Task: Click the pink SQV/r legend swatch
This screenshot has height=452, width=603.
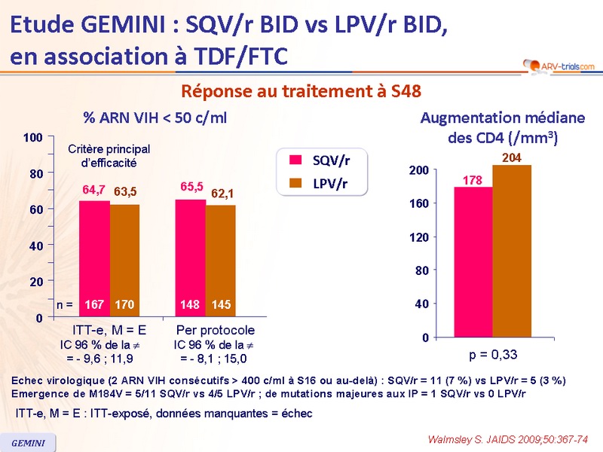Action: click(296, 159)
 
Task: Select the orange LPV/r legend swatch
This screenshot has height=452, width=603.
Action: click(296, 183)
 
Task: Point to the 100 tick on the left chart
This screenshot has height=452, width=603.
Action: click(32, 138)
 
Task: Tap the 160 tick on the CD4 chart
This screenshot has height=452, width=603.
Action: click(419, 203)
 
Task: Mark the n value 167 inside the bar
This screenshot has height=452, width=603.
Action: click(94, 305)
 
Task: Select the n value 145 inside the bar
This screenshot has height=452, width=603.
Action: click(221, 305)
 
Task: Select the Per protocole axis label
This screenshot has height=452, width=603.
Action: click(216, 331)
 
